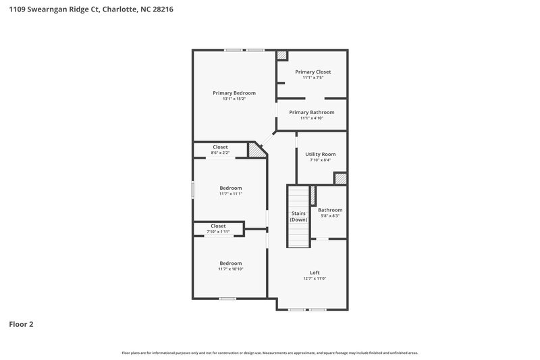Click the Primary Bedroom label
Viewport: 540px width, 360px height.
pyautogui.click(x=234, y=93)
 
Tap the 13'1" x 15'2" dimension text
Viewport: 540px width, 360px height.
pyautogui.click(x=234, y=99)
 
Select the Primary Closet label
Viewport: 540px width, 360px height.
pyautogui.click(x=313, y=72)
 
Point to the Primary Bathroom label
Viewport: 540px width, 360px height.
pyautogui.click(x=311, y=112)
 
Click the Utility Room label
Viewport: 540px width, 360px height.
pyautogui.click(x=320, y=154)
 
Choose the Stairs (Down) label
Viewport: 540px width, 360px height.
pyautogui.click(x=298, y=217)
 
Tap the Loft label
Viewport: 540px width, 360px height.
pyautogui.click(x=315, y=272)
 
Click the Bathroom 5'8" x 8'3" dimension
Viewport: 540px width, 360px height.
pyautogui.click(x=330, y=216)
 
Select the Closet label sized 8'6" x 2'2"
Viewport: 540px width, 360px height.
pyautogui.click(x=220, y=147)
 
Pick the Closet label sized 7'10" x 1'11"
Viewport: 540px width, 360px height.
pyautogui.click(x=218, y=226)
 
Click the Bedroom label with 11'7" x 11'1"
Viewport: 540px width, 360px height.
pyautogui.click(x=230, y=188)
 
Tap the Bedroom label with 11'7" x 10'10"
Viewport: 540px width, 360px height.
pyautogui.click(x=230, y=263)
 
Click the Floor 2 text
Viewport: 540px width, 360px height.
pyautogui.click(x=21, y=324)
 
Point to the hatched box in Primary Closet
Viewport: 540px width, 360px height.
pyautogui.click(x=282, y=56)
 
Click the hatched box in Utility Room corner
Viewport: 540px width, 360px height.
pyautogui.click(x=341, y=178)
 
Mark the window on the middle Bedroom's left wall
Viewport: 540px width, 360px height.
pyautogui.click(x=192, y=190)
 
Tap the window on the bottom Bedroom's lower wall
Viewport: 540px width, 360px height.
pyautogui.click(x=227, y=299)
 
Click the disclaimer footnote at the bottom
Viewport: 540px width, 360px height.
pyautogui.click(x=270, y=353)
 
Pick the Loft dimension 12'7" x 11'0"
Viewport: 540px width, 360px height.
pyautogui.click(x=315, y=278)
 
